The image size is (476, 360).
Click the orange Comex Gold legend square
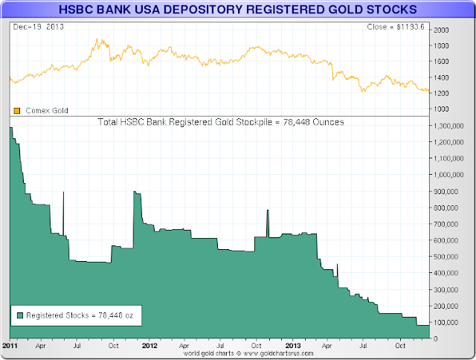[x=16, y=110]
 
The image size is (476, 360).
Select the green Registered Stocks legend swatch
[x=19, y=315]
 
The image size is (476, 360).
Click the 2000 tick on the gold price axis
[x=441, y=30]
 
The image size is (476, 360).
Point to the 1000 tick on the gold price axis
[x=441, y=109]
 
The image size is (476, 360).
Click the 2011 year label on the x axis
[x=10, y=346]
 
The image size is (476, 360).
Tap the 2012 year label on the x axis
[x=149, y=346]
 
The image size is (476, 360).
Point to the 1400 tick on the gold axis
[x=441, y=77]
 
